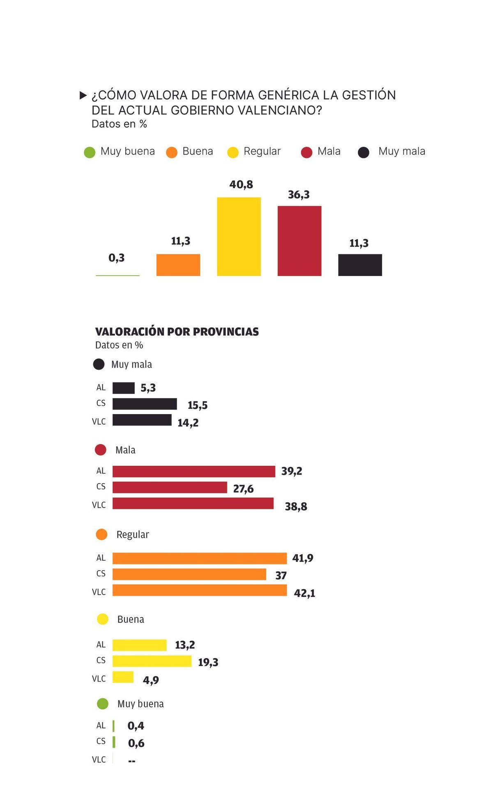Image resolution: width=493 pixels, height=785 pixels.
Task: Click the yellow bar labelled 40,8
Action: (x=239, y=237)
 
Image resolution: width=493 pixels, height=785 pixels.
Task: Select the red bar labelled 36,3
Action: (x=299, y=241)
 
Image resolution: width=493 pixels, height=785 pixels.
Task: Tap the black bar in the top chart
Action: (x=360, y=265)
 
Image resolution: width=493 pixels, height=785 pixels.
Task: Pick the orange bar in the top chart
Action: (x=178, y=265)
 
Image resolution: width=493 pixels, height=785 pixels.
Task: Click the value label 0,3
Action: (x=116, y=258)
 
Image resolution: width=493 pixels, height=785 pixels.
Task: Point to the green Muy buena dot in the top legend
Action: (x=90, y=152)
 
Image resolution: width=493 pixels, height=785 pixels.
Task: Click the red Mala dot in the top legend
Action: (x=306, y=152)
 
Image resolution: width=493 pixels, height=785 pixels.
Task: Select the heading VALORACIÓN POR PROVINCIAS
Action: (x=177, y=331)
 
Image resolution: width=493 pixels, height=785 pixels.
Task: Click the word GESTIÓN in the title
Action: (x=369, y=95)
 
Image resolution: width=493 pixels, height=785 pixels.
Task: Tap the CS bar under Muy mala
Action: (x=145, y=404)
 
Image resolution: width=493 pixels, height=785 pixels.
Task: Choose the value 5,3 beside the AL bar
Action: (x=148, y=388)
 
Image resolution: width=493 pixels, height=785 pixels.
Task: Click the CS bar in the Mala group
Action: (x=170, y=487)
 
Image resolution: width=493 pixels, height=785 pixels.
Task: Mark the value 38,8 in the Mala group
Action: (x=296, y=506)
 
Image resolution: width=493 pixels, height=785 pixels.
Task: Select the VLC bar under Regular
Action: (x=200, y=590)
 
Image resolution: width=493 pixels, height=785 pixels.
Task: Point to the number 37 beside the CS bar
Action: (x=281, y=576)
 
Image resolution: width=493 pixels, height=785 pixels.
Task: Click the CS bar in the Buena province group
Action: (x=152, y=661)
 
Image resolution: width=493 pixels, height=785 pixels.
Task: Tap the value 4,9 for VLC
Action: (x=151, y=680)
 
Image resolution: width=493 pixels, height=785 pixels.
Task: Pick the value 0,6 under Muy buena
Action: (x=136, y=743)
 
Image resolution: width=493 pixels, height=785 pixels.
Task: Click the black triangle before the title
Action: (x=83, y=96)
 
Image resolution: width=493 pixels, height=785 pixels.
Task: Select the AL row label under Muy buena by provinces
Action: (x=101, y=725)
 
